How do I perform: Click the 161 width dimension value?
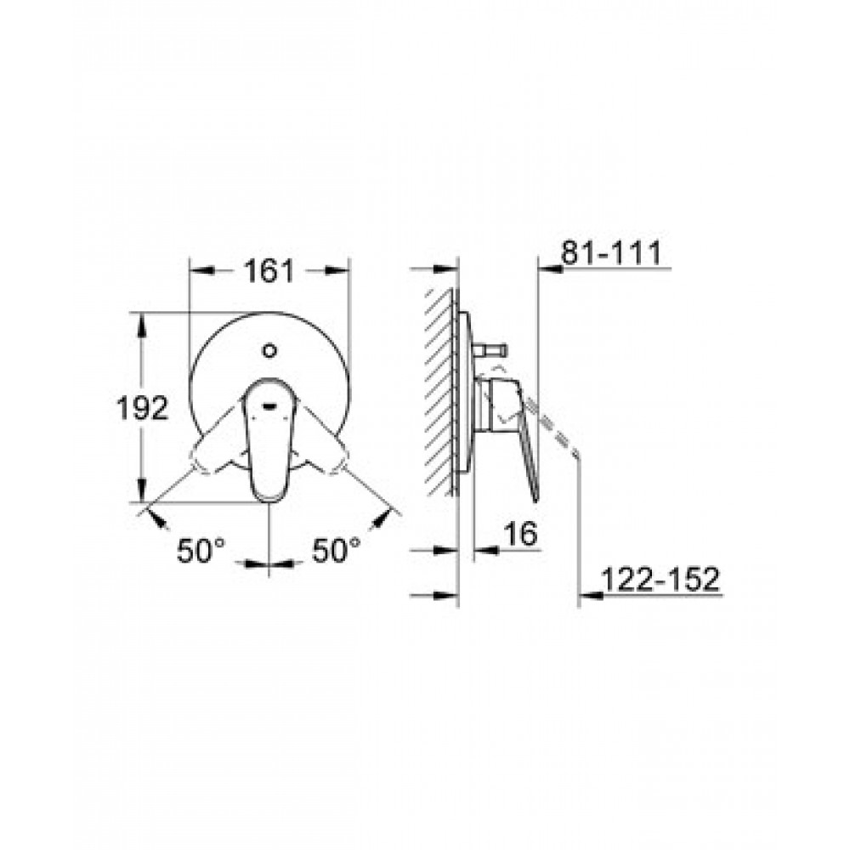pyautogui.click(x=269, y=270)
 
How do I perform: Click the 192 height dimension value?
pyautogui.click(x=143, y=408)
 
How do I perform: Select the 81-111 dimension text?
pyautogui.click(x=611, y=252)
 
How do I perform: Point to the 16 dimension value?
pyautogui.click(x=520, y=534)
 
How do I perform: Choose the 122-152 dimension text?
pyautogui.click(x=660, y=579)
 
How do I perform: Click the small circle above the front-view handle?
pyautogui.click(x=269, y=351)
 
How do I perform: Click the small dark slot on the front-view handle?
pyautogui.click(x=269, y=405)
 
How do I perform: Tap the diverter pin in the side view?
pyautogui.click(x=490, y=349)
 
